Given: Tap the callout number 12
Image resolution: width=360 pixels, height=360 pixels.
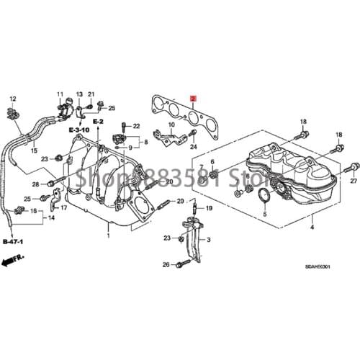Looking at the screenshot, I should [12, 98].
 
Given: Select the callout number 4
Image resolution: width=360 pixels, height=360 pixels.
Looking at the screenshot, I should [312, 228].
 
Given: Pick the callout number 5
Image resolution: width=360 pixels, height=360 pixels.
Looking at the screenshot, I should [264, 215].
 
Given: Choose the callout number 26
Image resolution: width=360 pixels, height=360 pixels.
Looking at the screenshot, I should [166, 265].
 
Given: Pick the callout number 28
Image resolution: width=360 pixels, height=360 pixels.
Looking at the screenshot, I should [35, 185].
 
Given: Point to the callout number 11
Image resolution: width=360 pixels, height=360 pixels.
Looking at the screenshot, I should [61, 95].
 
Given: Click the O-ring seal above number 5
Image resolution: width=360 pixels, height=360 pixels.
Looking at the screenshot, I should [264, 197].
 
